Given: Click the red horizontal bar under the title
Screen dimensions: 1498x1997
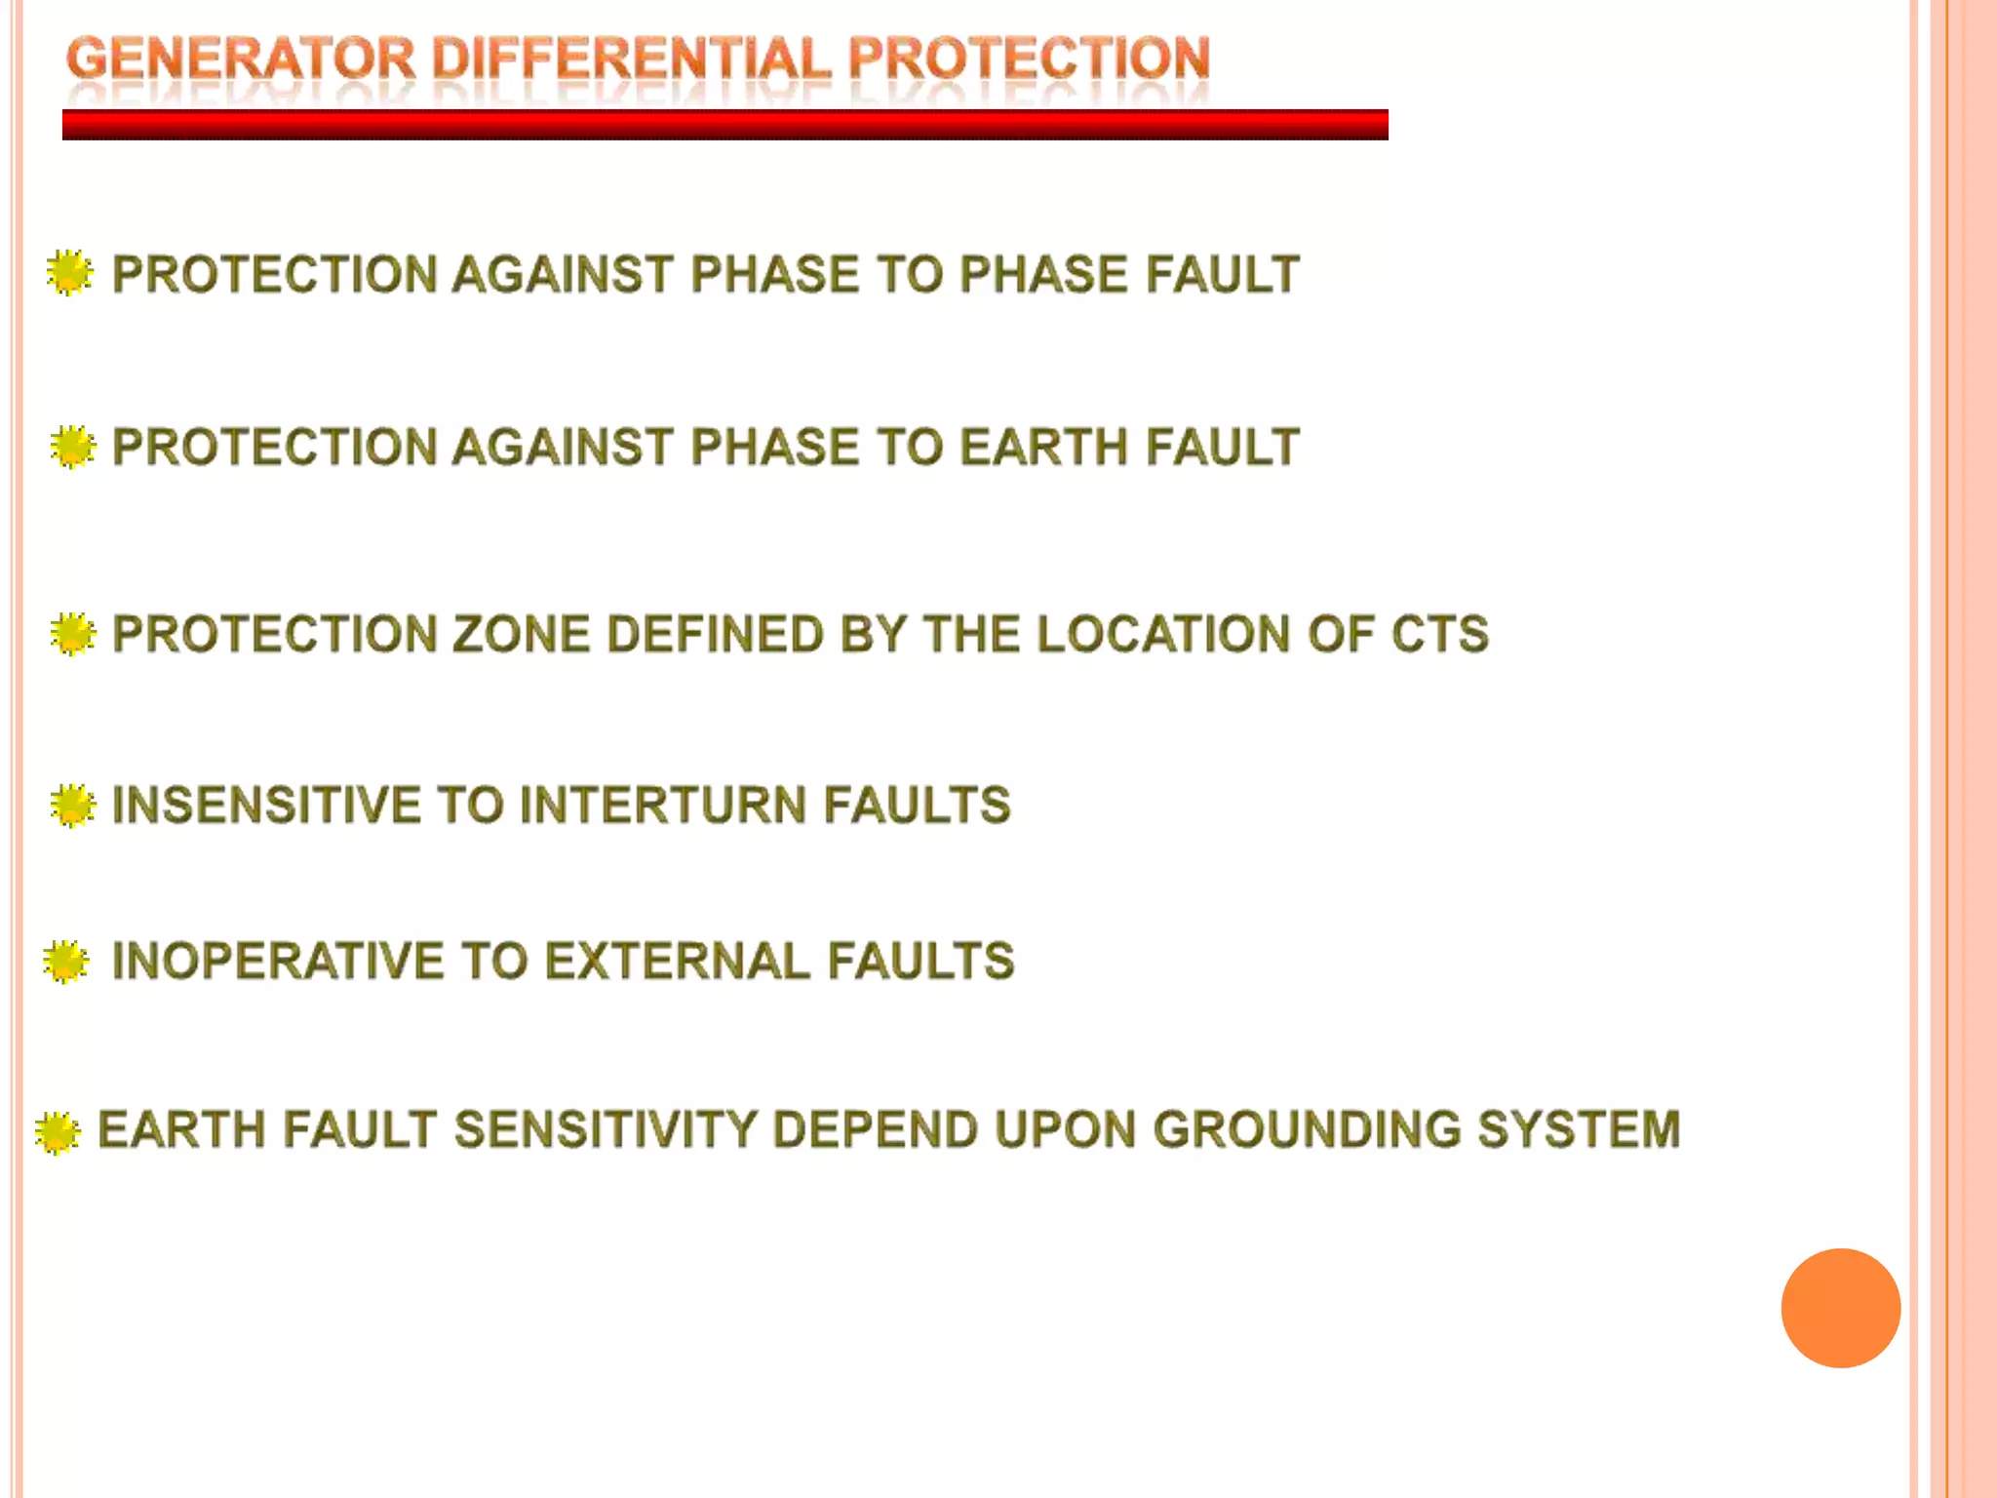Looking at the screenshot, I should (x=724, y=125).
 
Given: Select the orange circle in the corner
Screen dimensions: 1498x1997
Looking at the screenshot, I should (x=1840, y=1308).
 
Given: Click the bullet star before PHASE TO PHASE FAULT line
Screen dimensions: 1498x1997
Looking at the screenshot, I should (x=69, y=273).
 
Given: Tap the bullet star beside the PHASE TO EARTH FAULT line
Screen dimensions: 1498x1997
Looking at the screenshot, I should (x=73, y=447).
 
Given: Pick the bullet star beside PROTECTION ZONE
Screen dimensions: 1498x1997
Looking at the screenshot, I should (x=73, y=634).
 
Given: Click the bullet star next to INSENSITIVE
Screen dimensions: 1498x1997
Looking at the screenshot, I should (x=73, y=806).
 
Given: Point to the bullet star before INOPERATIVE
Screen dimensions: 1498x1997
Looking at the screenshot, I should (x=66, y=962).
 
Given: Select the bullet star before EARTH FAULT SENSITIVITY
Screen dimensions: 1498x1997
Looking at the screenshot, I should (x=58, y=1131).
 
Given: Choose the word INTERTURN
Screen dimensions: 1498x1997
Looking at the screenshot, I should (x=663, y=806).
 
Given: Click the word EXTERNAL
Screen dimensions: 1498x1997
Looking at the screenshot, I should (x=677, y=962).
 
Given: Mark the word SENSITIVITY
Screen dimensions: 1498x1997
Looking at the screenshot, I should (x=606, y=1130).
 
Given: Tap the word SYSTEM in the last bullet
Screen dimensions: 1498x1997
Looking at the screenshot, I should (x=1579, y=1130).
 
